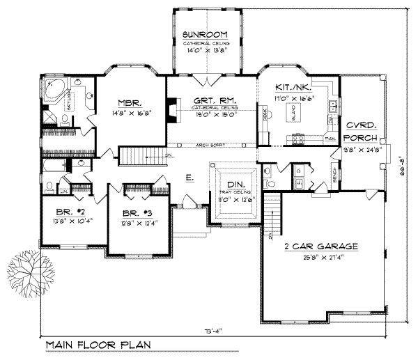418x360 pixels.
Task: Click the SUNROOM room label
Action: [x=206, y=34]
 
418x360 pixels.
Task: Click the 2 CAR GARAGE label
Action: [x=323, y=246]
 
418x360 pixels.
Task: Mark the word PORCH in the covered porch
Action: [x=362, y=139]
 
